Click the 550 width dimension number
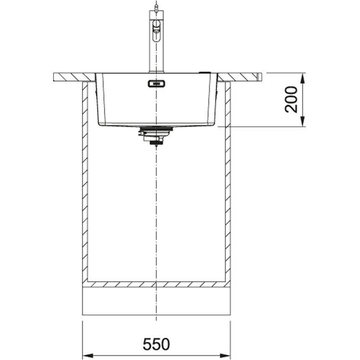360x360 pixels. pos(156,344)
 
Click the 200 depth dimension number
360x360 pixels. pos(291,99)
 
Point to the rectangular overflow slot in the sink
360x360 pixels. pos(156,84)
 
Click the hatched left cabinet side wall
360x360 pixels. pos(85,180)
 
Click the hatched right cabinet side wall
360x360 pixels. pos(228,180)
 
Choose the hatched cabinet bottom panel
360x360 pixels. pos(156,284)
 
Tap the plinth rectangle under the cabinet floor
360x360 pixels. pos(156,301)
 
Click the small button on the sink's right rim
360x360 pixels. pos(206,72)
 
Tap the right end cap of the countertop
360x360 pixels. pos(260,77)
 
